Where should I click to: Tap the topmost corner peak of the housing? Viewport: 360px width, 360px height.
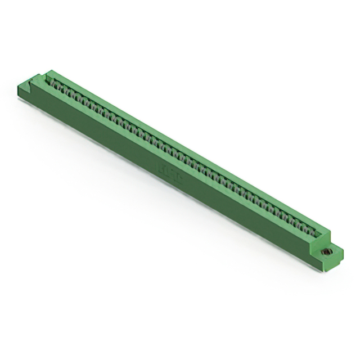pyautogui.click(x=49, y=71)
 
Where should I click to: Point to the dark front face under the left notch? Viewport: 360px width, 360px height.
pyautogui.click(x=31, y=96)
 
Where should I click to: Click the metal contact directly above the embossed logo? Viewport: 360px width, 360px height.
pyautogui.click(x=174, y=151)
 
